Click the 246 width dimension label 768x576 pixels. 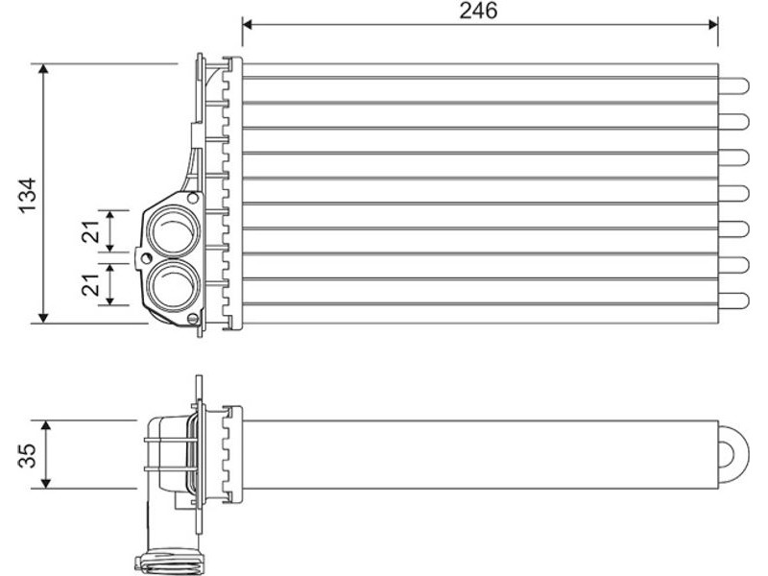(478, 11)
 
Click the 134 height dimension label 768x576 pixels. (28, 195)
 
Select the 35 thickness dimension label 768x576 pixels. (28, 455)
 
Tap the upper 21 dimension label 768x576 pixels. (90, 231)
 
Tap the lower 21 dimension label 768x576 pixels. (90, 284)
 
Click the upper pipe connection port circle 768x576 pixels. (174, 231)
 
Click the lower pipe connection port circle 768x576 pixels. (174, 286)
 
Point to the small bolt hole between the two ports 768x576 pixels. (146, 257)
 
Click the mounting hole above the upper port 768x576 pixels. (193, 199)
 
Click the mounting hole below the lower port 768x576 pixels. (193, 319)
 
